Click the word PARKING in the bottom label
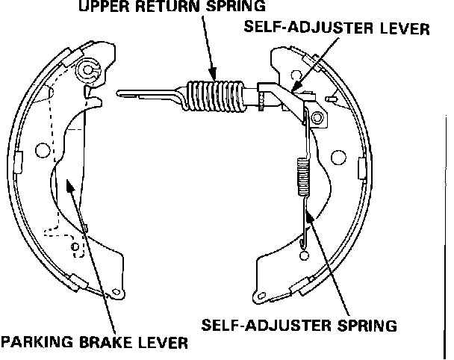[x=37, y=344]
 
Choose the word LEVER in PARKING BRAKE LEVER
[x=160, y=344]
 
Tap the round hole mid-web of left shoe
[x=43, y=152]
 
